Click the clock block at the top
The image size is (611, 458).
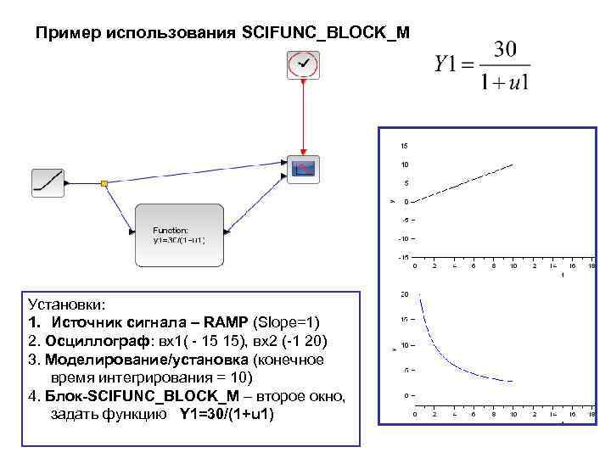(x=303, y=64)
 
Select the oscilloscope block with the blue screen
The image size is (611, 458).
(x=303, y=168)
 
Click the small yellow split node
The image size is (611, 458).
(x=104, y=182)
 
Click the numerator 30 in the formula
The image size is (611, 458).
(x=505, y=50)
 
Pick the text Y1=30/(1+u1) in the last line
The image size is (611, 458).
(x=227, y=415)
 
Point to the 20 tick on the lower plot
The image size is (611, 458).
(x=405, y=294)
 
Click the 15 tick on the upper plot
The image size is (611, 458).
(x=405, y=144)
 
